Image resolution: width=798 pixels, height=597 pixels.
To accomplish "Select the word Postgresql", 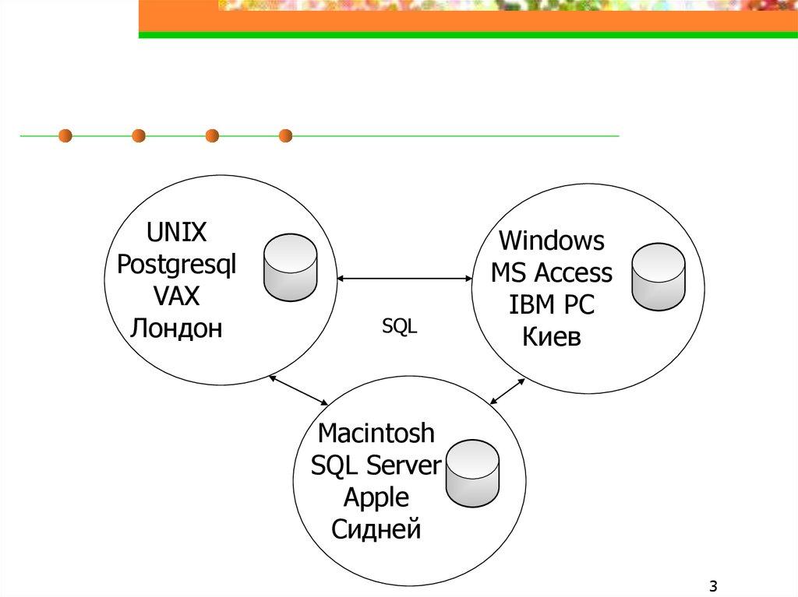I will pos(176,265).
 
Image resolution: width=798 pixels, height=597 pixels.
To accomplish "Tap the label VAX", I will pos(176,297).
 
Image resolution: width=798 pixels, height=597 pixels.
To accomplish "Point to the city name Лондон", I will pos(176,328).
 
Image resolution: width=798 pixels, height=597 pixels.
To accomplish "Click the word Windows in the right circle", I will pos(551,241).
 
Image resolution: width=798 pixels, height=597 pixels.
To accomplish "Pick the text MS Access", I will pos(551,273).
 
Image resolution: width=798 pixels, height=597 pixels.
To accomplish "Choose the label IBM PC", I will pos(551,304).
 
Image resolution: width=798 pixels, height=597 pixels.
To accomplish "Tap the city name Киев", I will pos(551,336).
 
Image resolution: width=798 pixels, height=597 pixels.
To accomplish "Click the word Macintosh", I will pos(376,433).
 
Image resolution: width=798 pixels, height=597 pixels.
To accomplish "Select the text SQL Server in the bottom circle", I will pos(376,465).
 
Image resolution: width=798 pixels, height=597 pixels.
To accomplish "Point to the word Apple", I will pos(376,497).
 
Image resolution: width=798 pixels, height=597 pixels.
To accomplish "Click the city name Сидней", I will pos(376,529).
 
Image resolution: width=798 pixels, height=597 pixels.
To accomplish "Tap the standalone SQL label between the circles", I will pos(400,328).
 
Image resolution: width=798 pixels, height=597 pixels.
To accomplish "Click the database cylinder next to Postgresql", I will pos(290,266).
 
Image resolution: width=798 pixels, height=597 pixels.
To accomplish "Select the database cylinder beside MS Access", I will pos(658,276).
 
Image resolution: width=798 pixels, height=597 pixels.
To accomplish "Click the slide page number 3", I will pos(713,585).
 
